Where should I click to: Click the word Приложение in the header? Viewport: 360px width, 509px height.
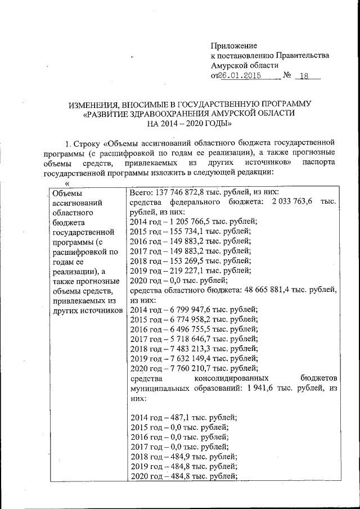coord(234,46)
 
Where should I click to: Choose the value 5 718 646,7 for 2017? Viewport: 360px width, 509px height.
coord(193,339)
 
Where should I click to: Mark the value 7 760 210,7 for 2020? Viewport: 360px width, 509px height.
coord(193,368)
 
